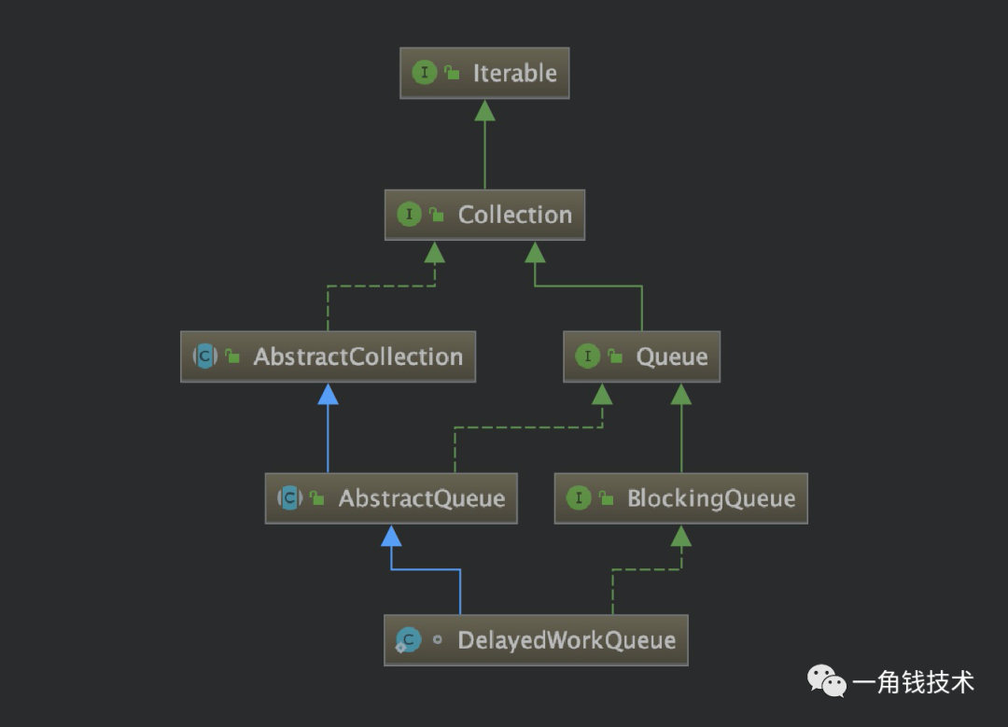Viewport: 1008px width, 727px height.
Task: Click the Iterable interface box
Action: pyautogui.click(x=484, y=73)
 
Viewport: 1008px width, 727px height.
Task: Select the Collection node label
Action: pyautogui.click(x=514, y=215)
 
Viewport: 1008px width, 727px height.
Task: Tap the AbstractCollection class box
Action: pyautogui.click(x=328, y=357)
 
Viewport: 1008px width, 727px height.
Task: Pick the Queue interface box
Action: pyautogui.click(x=641, y=357)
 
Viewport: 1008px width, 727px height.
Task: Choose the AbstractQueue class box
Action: pyautogui.click(x=391, y=498)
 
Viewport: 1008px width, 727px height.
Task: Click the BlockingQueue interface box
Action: pyautogui.click(x=680, y=498)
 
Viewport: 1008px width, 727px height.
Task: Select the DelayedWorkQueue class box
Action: pyautogui.click(x=536, y=640)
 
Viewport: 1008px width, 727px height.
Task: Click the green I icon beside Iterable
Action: pyautogui.click(x=425, y=73)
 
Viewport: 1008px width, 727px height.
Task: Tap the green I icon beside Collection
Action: pyautogui.click(x=409, y=215)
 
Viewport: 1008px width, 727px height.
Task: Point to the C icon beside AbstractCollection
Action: pyautogui.click(x=204, y=357)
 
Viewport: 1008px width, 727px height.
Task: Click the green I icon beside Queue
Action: pyautogui.click(x=587, y=357)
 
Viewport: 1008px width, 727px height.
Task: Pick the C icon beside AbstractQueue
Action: pyautogui.click(x=289, y=498)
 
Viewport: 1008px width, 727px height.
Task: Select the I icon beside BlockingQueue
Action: pyautogui.click(x=579, y=498)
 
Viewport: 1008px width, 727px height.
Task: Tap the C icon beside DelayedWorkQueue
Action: pyautogui.click(x=408, y=640)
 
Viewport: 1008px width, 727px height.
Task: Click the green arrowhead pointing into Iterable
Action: pyautogui.click(x=484, y=110)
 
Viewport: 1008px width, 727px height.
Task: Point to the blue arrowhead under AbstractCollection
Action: pyautogui.click(x=328, y=394)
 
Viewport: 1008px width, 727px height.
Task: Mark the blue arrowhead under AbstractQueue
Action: pyautogui.click(x=391, y=536)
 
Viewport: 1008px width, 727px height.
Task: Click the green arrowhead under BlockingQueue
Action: pyautogui.click(x=681, y=536)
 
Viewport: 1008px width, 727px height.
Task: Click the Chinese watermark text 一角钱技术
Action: pyautogui.click(x=913, y=682)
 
